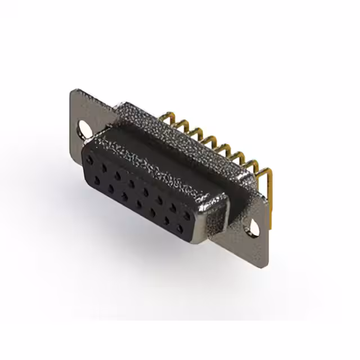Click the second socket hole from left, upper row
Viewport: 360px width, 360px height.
point(104,168)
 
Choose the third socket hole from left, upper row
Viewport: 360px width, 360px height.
point(118,175)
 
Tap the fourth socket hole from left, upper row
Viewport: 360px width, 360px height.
point(132,183)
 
